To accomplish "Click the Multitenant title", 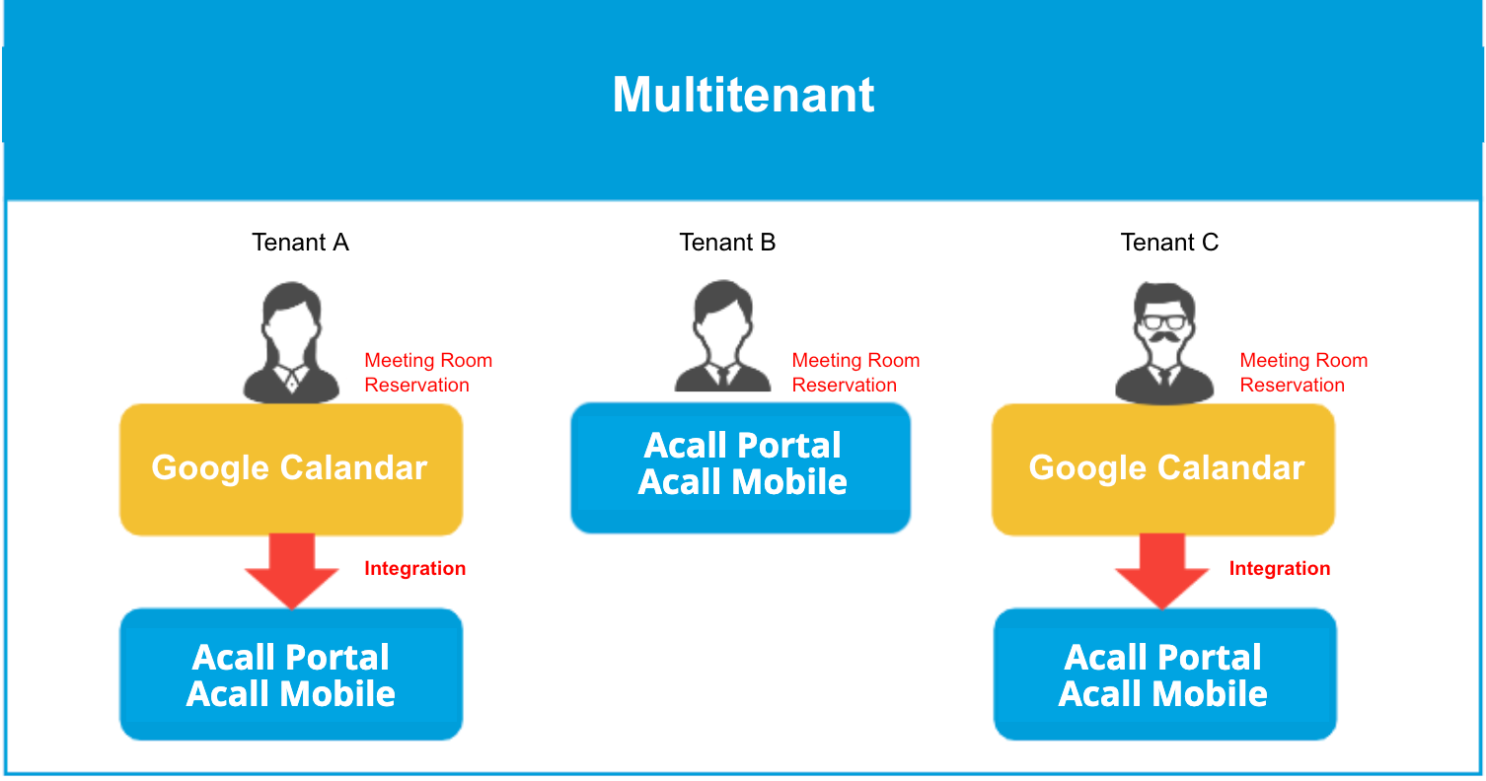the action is tap(743, 95).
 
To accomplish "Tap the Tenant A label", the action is tap(300, 242).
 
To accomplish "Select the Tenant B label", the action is tap(727, 242).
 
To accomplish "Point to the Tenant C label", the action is tap(1169, 242).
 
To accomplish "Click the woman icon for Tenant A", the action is tap(291, 343).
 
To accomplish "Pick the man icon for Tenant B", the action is tap(722, 336).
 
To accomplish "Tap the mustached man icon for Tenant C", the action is tap(1164, 343).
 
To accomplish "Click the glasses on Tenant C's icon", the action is tap(1164, 322).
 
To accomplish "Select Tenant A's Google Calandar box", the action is tap(291, 469).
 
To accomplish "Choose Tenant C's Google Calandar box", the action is tap(1163, 469).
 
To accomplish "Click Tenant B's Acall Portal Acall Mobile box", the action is tap(740, 467).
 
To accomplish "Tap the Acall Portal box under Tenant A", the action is tap(291, 674).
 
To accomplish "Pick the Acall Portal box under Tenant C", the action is tap(1165, 674).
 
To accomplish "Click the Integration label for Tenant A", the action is tap(415, 569).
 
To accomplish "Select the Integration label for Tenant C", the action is tap(1280, 569).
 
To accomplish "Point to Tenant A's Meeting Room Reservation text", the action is tap(428, 373).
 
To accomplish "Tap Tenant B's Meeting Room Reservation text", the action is tap(855, 373).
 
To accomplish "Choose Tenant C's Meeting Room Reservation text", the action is tap(1303, 373).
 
